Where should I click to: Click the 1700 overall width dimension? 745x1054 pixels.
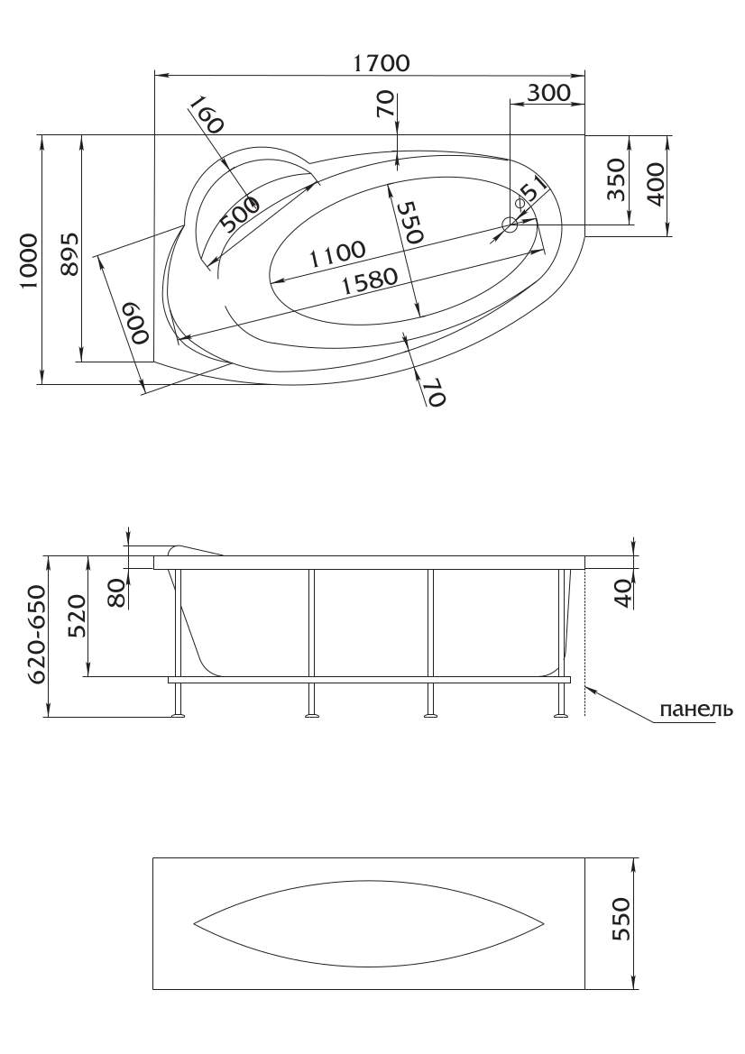pyautogui.click(x=382, y=62)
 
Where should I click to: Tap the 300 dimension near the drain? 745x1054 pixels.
pyautogui.click(x=548, y=92)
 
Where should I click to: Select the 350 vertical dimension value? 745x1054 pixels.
pyautogui.click(x=616, y=179)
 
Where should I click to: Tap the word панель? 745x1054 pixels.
pyautogui.click(x=695, y=710)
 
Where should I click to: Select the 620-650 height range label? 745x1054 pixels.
pyautogui.click(x=38, y=634)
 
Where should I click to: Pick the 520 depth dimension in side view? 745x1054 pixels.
pyautogui.click(x=78, y=617)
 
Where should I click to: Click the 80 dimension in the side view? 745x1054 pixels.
pyautogui.click(x=117, y=593)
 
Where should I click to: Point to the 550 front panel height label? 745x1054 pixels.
pyautogui.click(x=621, y=919)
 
